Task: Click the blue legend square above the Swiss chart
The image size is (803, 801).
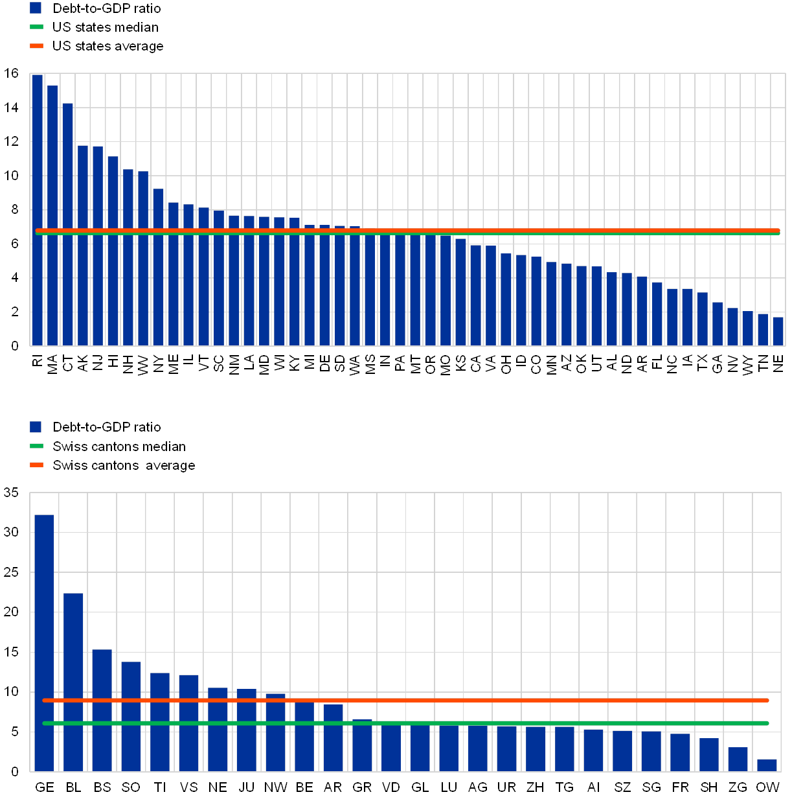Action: tap(36, 427)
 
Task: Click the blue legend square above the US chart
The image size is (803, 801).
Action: tap(36, 8)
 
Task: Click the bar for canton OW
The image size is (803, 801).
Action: tap(767, 765)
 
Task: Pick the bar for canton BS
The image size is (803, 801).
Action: tap(102, 710)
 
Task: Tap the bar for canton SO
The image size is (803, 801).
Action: tap(131, 716)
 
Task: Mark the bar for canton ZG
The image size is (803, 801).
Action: tap(738, 760)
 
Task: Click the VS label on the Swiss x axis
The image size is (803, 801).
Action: tap(188, 788)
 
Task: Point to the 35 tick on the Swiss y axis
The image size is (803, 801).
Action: tap(12, 493)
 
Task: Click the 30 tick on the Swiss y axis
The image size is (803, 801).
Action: tap(12, 533)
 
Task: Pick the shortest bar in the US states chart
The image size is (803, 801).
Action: tap(778, 331)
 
